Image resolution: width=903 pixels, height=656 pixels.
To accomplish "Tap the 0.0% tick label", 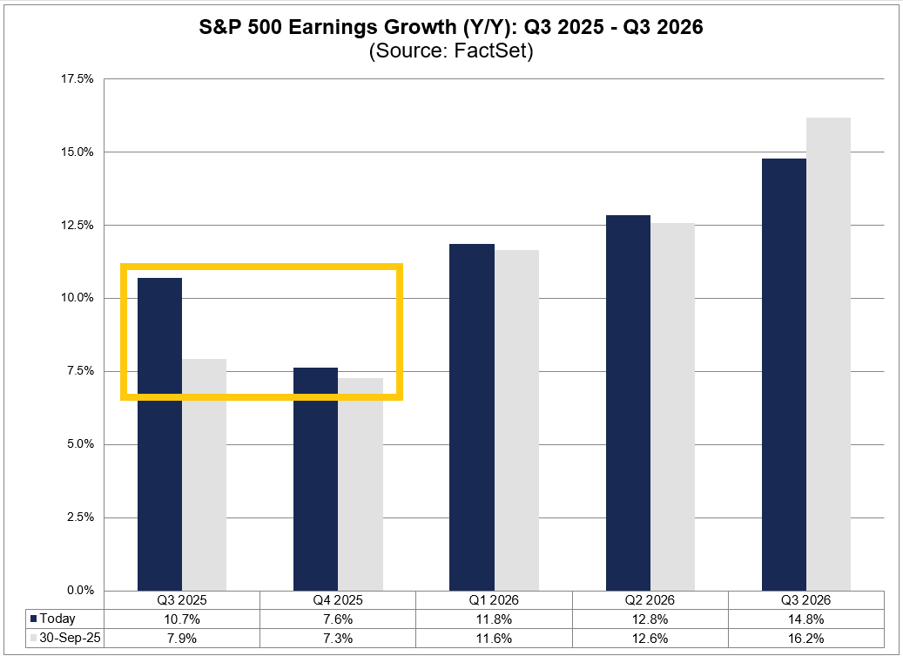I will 79,591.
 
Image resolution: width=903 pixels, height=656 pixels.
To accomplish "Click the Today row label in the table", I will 57,619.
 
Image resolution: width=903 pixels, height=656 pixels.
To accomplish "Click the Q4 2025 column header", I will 338,600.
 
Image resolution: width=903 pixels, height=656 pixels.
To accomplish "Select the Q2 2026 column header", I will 650,600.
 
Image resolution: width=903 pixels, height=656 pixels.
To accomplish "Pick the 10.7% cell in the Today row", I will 182,619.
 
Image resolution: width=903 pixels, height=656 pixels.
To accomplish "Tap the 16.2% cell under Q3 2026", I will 805,638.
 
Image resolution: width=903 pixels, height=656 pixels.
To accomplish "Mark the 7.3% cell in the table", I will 338,638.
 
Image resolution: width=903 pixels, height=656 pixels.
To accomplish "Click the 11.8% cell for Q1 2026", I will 494,619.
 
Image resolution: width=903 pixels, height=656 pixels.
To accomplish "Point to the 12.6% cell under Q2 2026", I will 650,638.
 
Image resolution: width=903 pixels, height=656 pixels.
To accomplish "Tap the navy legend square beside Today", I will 33,619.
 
